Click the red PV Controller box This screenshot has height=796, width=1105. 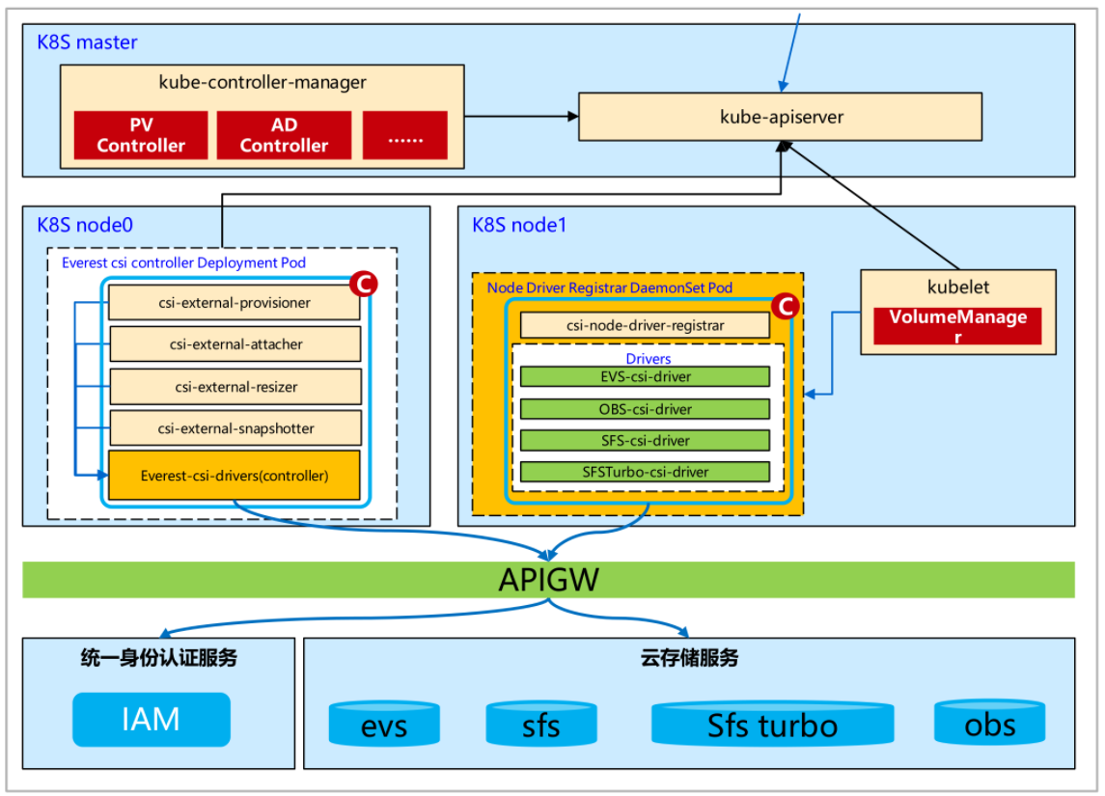pyautogui.click(x=141, y=135)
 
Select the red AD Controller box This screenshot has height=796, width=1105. pyautogui.click(x=284, y=135)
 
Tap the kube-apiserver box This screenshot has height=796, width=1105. pyautogui.click(x=780, y=117)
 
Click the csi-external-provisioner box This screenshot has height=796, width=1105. pyautogui.click(x=235, y=303)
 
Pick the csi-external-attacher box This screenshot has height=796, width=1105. pyautogui.click(x=235, y=344)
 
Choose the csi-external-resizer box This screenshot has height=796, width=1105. pyautogui.click(x=235, y=387)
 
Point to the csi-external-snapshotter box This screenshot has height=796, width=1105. pyautogui.click(x=235, y=428)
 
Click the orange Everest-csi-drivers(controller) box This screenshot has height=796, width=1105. pyautogui.click(x=234, y=475)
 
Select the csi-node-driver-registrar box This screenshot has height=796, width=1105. pyautogui.click(x=645, y=325)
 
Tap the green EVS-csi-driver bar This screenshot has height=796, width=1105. pyautogui.click(x=645, y=377)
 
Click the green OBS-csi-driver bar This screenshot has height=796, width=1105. pyautogui.click(x=645, y=409)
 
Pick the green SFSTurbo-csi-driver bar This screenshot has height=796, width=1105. pyautogui.click(x=645, y=472)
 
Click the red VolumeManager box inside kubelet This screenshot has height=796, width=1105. pyautogui.click(x=957, y=326)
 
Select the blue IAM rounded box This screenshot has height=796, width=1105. pyautogui.click(x=152, y=720)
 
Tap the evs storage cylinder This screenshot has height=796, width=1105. pyautogui.click(x=384, y=725)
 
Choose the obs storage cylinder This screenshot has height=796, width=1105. pyautogui.click(x=989, y=723)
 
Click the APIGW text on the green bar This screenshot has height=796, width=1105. pyautogui.click(x=548, y=580)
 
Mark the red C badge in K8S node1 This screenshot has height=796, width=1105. pyautogui.click(x=787, y=307)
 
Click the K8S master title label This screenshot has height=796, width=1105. pyautogui.click(x=87, y=42)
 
